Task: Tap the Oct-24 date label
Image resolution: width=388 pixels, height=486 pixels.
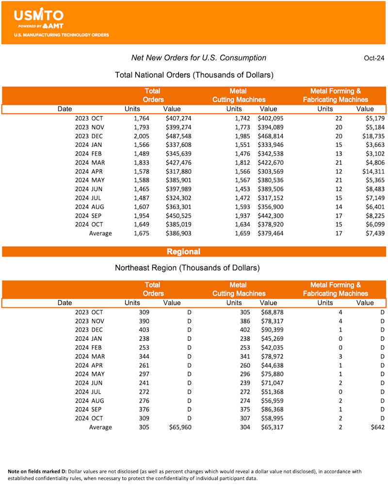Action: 374,58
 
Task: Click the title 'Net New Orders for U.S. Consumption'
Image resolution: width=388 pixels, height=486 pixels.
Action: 199,58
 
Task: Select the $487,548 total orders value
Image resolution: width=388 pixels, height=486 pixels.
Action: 178,136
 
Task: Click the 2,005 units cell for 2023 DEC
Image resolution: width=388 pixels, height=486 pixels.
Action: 142,136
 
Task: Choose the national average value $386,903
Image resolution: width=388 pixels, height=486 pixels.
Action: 178,233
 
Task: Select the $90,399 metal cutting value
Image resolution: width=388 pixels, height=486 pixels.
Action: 272,330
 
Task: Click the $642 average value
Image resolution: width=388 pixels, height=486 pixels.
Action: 376,427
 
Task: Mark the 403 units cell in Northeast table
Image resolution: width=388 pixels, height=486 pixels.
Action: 144,330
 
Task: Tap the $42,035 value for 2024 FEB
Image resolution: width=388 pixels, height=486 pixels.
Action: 272,347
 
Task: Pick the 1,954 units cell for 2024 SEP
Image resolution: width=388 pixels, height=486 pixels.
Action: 142,216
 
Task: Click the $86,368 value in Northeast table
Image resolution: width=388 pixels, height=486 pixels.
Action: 272,409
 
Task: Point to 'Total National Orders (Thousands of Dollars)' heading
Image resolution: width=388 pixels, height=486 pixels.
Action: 194,75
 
